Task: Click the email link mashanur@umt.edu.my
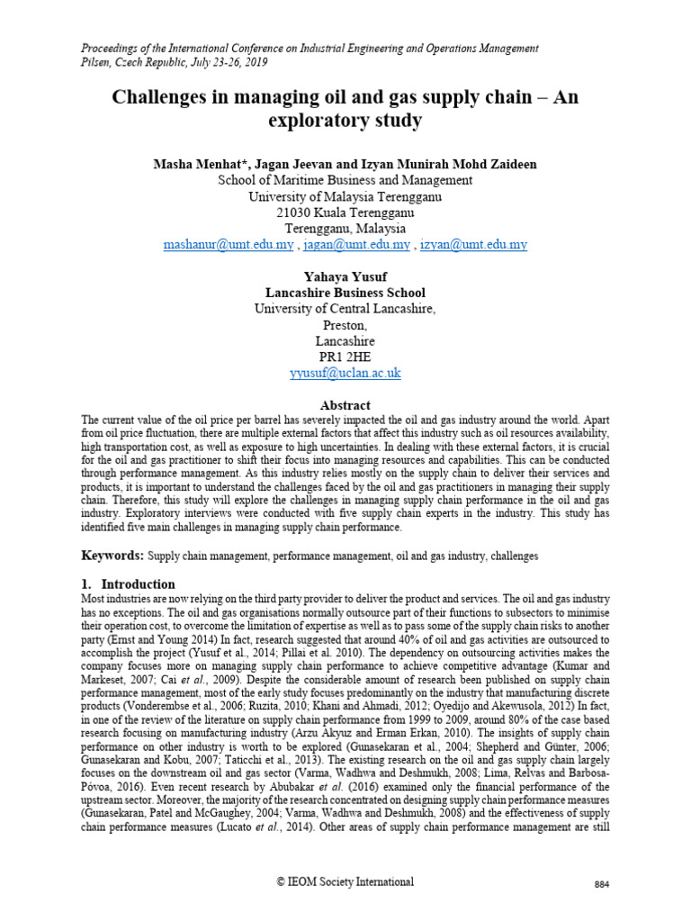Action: (x=229, y=245)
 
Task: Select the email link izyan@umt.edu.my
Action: (x=473, y=245)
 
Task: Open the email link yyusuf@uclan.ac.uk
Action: (x=345, y=373)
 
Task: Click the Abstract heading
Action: (x=345, y=405)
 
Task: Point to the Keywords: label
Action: (x=112, y=556)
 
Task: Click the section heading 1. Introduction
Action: (x=128, y=584)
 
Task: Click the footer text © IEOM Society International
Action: (x=345, y=881)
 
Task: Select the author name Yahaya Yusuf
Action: (x=345, y=277)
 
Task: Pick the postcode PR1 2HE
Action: (x=345, y=357)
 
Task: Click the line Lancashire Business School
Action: (x=345, y=294)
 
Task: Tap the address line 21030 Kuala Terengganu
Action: (x=345, y=212)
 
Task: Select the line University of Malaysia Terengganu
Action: (x=345, y=196)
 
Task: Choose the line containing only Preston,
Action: (x=345, y=325)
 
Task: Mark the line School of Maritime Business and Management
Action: (x=345, y=180)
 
